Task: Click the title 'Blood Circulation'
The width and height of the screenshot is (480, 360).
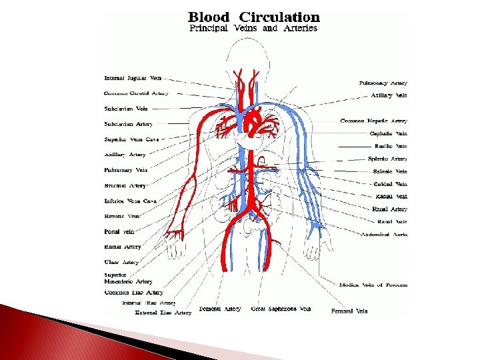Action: click(x=254, y=17)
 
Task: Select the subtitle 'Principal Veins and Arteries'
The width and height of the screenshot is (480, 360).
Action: click(x=254, y=29)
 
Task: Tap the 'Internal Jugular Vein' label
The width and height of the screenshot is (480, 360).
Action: click(x=133, y=78)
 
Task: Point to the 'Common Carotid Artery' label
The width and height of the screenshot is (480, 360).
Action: click(x=136, y=93)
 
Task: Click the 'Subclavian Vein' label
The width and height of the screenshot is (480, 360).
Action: click(x=126, y=108)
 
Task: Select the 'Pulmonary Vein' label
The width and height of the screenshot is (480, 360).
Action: click(x=126, y=170)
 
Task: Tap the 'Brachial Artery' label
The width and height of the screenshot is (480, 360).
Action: click(x=125, y=185)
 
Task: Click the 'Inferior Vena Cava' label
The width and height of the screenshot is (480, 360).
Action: click(x=131, y=201)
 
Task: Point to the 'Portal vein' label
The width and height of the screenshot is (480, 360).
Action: click(x=120, y=231)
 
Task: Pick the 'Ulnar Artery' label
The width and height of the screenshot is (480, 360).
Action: click(x=122, y=262)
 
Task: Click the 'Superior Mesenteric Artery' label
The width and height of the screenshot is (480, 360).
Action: click(x=128, y=279)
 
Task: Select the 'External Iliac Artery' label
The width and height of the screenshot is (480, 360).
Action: click(x=163, y=312)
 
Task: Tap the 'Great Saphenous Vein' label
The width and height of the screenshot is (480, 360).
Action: click(x=281, y=309)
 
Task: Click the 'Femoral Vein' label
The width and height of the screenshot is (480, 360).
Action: click(x=349, y=311)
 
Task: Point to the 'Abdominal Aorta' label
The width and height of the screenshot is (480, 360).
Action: click(x=384, y=234)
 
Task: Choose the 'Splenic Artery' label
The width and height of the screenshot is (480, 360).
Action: click(x=387, y=159)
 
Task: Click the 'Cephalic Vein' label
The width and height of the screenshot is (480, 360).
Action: click(x=389, y=133)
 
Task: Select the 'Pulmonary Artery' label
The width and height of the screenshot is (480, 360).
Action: click(x=383, y=83)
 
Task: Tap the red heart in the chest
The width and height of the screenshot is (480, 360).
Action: click(x=253, y=123)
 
